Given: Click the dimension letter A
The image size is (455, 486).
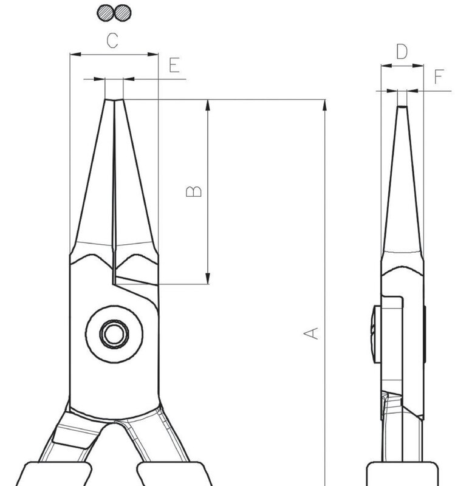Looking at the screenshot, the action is click(310, 333).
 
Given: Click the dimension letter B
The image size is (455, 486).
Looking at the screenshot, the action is click(193, 191).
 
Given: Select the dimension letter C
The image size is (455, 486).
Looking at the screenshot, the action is click(112, 41).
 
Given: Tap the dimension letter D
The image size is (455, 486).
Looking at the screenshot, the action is click(402, 52).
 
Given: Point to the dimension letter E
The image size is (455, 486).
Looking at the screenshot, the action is click(174, 65).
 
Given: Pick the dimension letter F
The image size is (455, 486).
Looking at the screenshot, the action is click(439, 77).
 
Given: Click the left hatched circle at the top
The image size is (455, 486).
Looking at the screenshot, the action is click(106, 13).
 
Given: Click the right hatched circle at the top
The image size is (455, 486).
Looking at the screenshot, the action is click(123, 13).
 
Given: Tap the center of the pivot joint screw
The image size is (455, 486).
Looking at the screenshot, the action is click(114, 334).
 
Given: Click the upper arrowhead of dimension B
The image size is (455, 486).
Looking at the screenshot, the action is click(208, 105).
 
